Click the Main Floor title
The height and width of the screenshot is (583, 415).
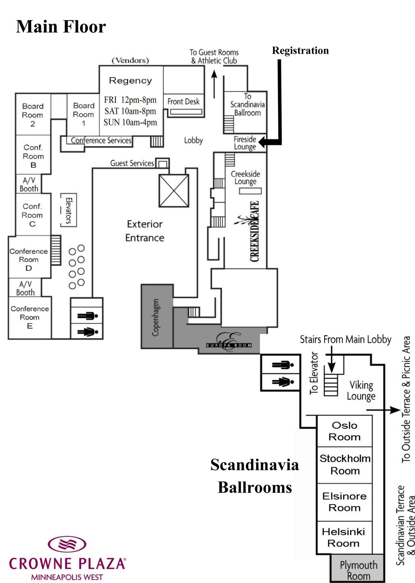(61, 27)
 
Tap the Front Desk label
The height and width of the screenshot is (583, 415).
(183, 101)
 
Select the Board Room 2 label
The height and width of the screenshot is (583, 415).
(33, 115)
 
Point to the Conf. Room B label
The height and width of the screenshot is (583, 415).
(33, 156)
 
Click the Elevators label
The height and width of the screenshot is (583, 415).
(68, 210)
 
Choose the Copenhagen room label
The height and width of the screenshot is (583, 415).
(156, 317)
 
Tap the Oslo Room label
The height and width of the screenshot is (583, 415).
(344, 431)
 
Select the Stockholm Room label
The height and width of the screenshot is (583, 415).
(345, 464)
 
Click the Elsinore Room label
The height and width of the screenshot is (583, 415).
(344, 502)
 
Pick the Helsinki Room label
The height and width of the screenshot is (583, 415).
(343, 537)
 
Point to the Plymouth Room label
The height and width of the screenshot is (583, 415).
(359, 570)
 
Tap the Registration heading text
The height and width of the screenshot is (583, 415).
(300, 50)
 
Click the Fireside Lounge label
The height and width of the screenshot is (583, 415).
(245, 143)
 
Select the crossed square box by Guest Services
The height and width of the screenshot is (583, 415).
(174, 191)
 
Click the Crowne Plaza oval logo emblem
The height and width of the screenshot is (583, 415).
(67, 544)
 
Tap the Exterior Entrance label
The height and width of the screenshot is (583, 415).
(145, 231)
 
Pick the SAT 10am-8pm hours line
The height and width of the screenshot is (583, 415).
(130, 111)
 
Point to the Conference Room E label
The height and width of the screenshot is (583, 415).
(30, 317)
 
